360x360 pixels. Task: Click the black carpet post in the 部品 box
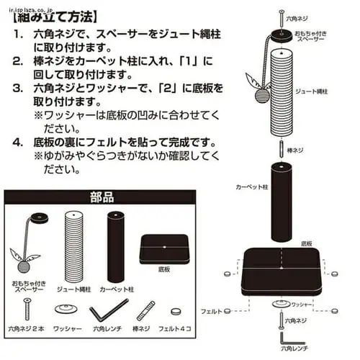[x=117, y=240]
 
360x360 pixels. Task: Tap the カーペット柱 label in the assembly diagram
[x=252, y=186]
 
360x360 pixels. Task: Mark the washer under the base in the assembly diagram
[x=280, y=305]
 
